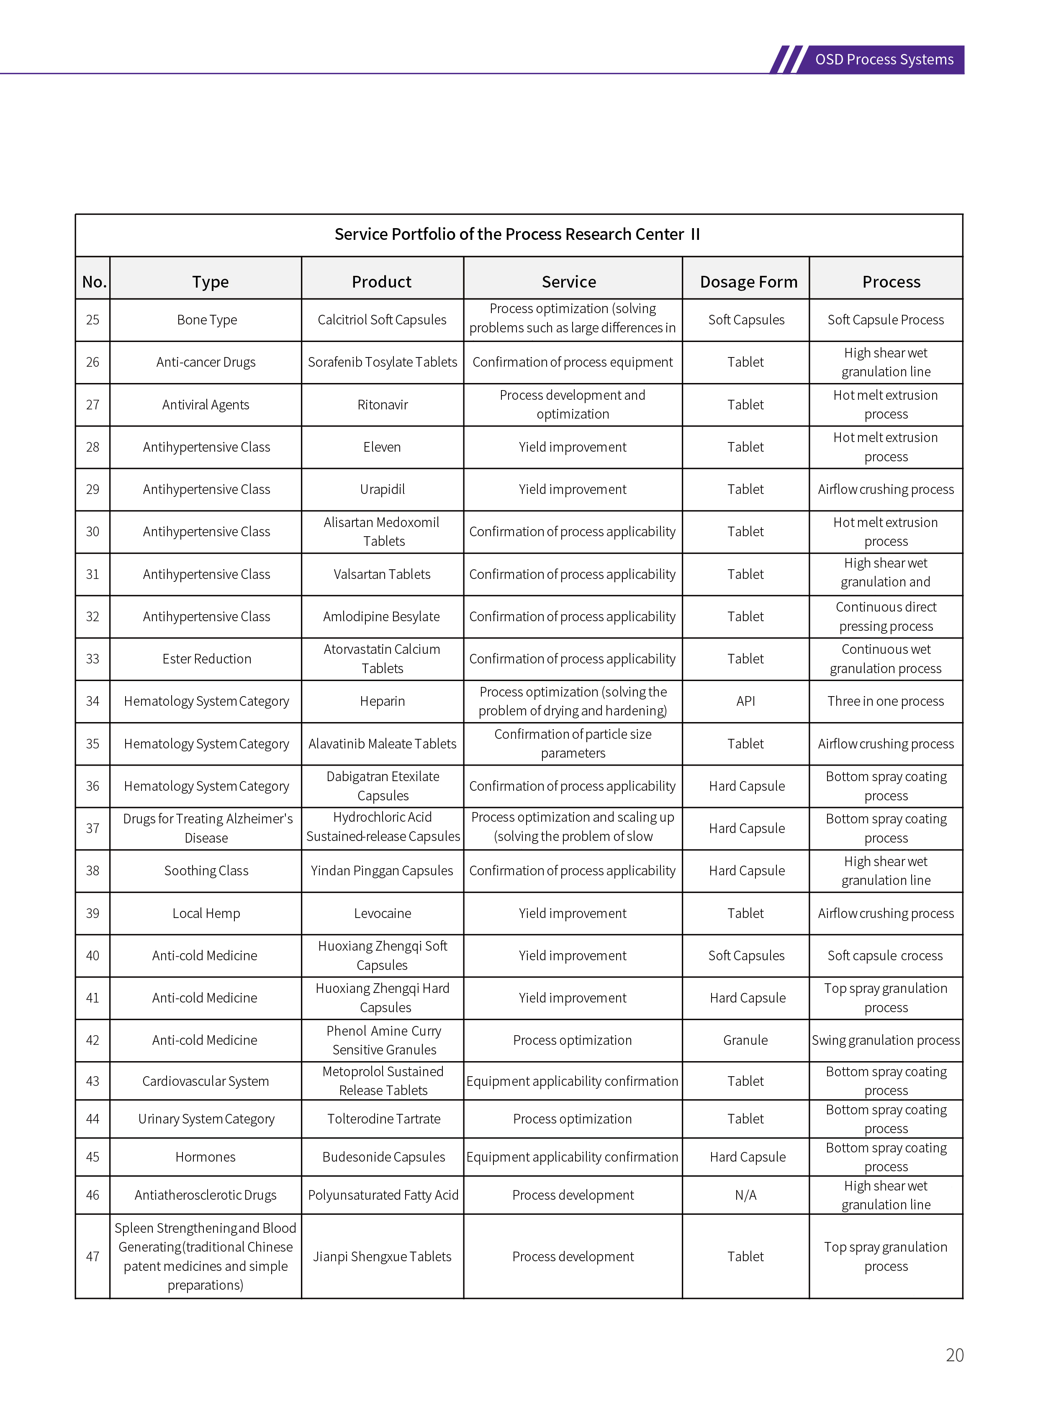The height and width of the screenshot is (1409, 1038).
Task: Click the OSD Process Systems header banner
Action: tap(884, 60)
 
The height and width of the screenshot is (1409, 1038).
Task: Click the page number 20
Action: tap(954, 1355)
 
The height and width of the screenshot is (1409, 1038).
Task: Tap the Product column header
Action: tap(381, 282)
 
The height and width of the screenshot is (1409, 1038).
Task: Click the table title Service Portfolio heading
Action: tap(517, 234)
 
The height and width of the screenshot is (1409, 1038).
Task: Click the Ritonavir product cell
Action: tap(382, 405)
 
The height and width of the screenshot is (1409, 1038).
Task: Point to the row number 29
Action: tap(92, 490)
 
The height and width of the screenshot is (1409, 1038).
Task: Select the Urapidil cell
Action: tap(382, 490)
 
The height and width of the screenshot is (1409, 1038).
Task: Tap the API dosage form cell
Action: tap(745, 701)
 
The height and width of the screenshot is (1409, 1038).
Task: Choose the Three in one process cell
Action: tap(885, 701)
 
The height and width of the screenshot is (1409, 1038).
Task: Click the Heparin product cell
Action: tap(382, 701)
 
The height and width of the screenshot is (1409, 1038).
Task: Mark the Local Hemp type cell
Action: tap(206, 913)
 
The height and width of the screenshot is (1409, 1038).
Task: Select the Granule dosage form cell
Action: tap(745, 1040)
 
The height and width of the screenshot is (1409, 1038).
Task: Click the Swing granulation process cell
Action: tap(885, 1040)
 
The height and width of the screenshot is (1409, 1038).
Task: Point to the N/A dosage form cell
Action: tap(745, 1195)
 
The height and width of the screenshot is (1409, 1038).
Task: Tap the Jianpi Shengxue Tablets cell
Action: tap(382, 1256)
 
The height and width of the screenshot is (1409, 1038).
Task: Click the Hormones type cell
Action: tap(206, 1157)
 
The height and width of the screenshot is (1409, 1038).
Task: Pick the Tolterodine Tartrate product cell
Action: tap(383, 1118)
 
